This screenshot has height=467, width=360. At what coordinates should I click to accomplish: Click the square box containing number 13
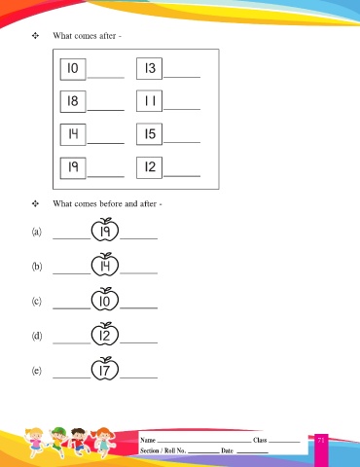coord(149,68)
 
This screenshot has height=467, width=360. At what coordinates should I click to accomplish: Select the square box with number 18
coord(73,101)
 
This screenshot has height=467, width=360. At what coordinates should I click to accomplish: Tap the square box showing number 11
coord(149,101)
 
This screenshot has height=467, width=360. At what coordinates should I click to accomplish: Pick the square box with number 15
coord(149,134)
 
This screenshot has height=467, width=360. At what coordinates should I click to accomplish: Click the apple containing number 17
coord(105,369)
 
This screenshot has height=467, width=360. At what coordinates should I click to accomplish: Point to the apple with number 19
coord(105,230)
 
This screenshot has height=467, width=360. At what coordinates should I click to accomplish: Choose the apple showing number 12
coord(105,334)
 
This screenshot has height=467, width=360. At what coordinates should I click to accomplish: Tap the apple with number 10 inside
coord(105,300)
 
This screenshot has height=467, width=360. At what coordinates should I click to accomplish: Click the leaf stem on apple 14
coord(106,255)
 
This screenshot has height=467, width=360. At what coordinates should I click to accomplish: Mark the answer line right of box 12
coord(182,176)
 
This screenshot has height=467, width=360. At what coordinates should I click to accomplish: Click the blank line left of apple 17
coord(72,377)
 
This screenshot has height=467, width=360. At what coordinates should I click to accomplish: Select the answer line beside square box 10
coord(106,78)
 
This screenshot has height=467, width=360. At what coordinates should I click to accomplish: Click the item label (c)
coord(37,302)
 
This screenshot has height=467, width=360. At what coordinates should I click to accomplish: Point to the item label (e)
coord(37,371)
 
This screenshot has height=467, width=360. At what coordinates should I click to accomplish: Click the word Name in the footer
coord(148,440)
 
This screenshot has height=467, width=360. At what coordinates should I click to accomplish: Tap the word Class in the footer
coord(260,440)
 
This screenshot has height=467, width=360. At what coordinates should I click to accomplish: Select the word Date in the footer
coord(227,450)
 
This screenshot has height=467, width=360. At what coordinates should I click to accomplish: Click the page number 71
coord(321,440)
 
